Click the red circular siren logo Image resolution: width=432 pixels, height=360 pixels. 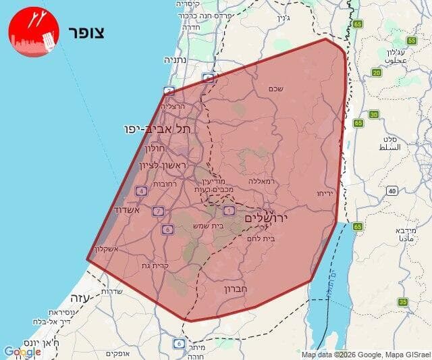pyautogui.click(x=34, y=32)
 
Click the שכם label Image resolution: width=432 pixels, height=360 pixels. pyautogui.click(x=275, y=89)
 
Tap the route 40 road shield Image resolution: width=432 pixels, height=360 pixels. pyautogui.click(x=392, y=191)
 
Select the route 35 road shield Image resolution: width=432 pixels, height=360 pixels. pyautogui.click(x=403, y=302)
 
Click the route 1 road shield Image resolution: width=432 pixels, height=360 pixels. pyautogui.click(x=229, y=211)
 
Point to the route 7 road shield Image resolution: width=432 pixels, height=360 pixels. pyautogui.click(x=158, y=211)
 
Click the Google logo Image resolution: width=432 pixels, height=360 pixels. pyautogui.click(x=22, y=352)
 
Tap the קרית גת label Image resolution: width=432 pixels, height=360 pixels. pyautogui.click(x=155, y=265)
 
